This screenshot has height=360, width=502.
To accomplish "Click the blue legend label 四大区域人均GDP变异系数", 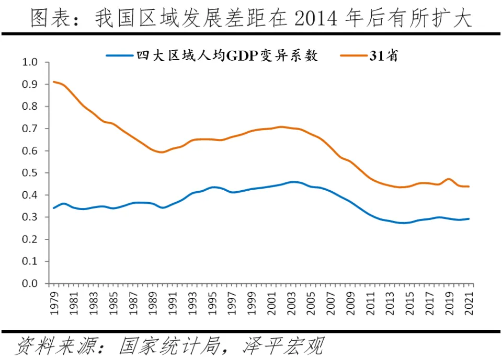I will [227, 55].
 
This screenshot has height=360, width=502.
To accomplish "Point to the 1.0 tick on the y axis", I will [31, 62].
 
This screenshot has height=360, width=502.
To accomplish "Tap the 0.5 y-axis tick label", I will [31, 173].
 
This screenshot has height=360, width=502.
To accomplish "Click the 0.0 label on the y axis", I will [31, 284].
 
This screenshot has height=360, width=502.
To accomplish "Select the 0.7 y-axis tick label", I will [31, 129].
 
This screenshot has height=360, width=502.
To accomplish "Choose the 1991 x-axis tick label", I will [172, 301].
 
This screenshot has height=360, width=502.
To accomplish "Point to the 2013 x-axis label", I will [391, 301].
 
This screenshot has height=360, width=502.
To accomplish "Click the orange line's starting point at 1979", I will [53, 82].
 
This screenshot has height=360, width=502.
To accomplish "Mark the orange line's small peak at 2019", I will [449, 179].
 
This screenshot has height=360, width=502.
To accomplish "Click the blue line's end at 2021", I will [469, 219].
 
